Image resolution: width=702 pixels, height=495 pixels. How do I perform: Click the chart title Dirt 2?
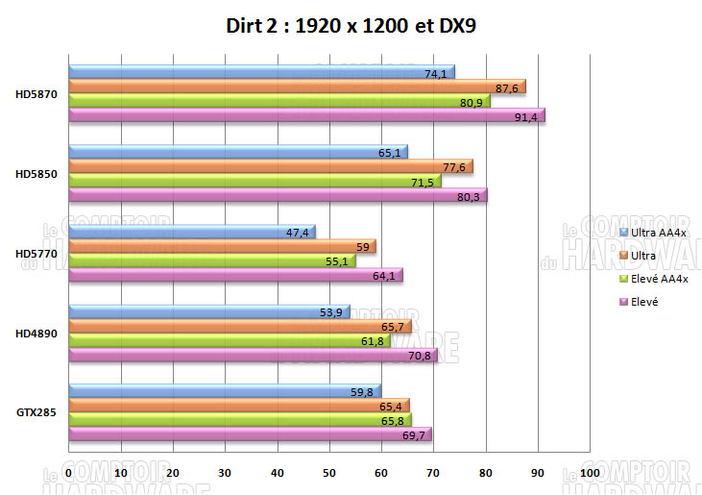350,26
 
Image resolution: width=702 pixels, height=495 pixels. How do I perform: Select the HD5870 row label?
35,94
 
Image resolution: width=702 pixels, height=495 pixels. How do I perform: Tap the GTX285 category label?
35,411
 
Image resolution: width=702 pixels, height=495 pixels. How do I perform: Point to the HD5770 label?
35,253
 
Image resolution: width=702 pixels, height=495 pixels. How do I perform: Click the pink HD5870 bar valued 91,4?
307,115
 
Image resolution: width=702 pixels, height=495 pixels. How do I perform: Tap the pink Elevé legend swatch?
624,301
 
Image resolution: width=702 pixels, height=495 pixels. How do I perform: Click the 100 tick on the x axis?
590,473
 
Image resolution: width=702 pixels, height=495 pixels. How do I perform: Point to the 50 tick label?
329,473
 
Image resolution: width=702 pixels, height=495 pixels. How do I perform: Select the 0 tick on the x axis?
69,473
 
